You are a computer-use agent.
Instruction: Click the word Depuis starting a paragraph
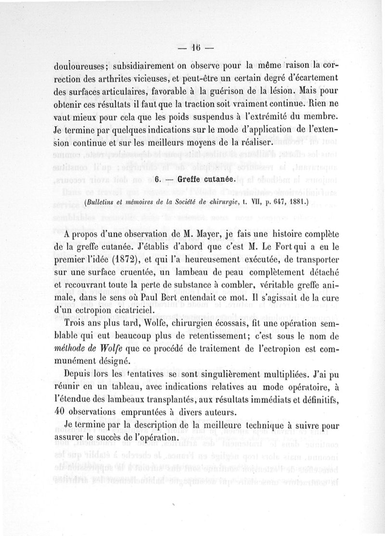pos(81,374)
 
